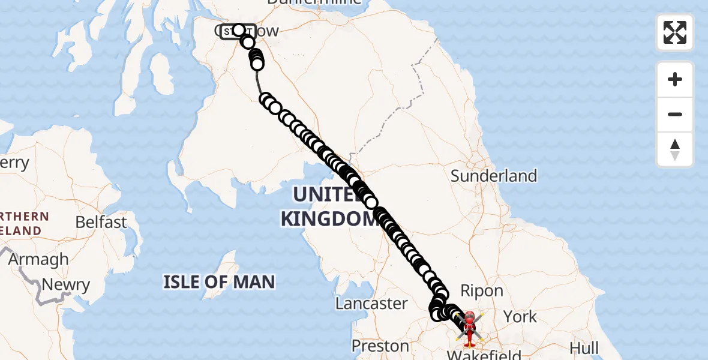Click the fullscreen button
coord(675,32)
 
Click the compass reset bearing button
coord(675,149)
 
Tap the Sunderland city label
coord(494,176)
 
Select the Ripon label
coord(481,291)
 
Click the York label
coord(520,316)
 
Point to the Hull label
coord(584,348)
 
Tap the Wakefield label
coord(484,355)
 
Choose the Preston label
coord(380,346)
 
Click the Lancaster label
coord(371,303)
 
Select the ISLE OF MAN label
coord(219,281)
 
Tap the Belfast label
coord(101,222)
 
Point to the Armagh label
coord(38,260)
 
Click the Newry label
coord(66,285)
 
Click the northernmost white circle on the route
coord(239,30)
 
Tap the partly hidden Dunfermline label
coord(315,2)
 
